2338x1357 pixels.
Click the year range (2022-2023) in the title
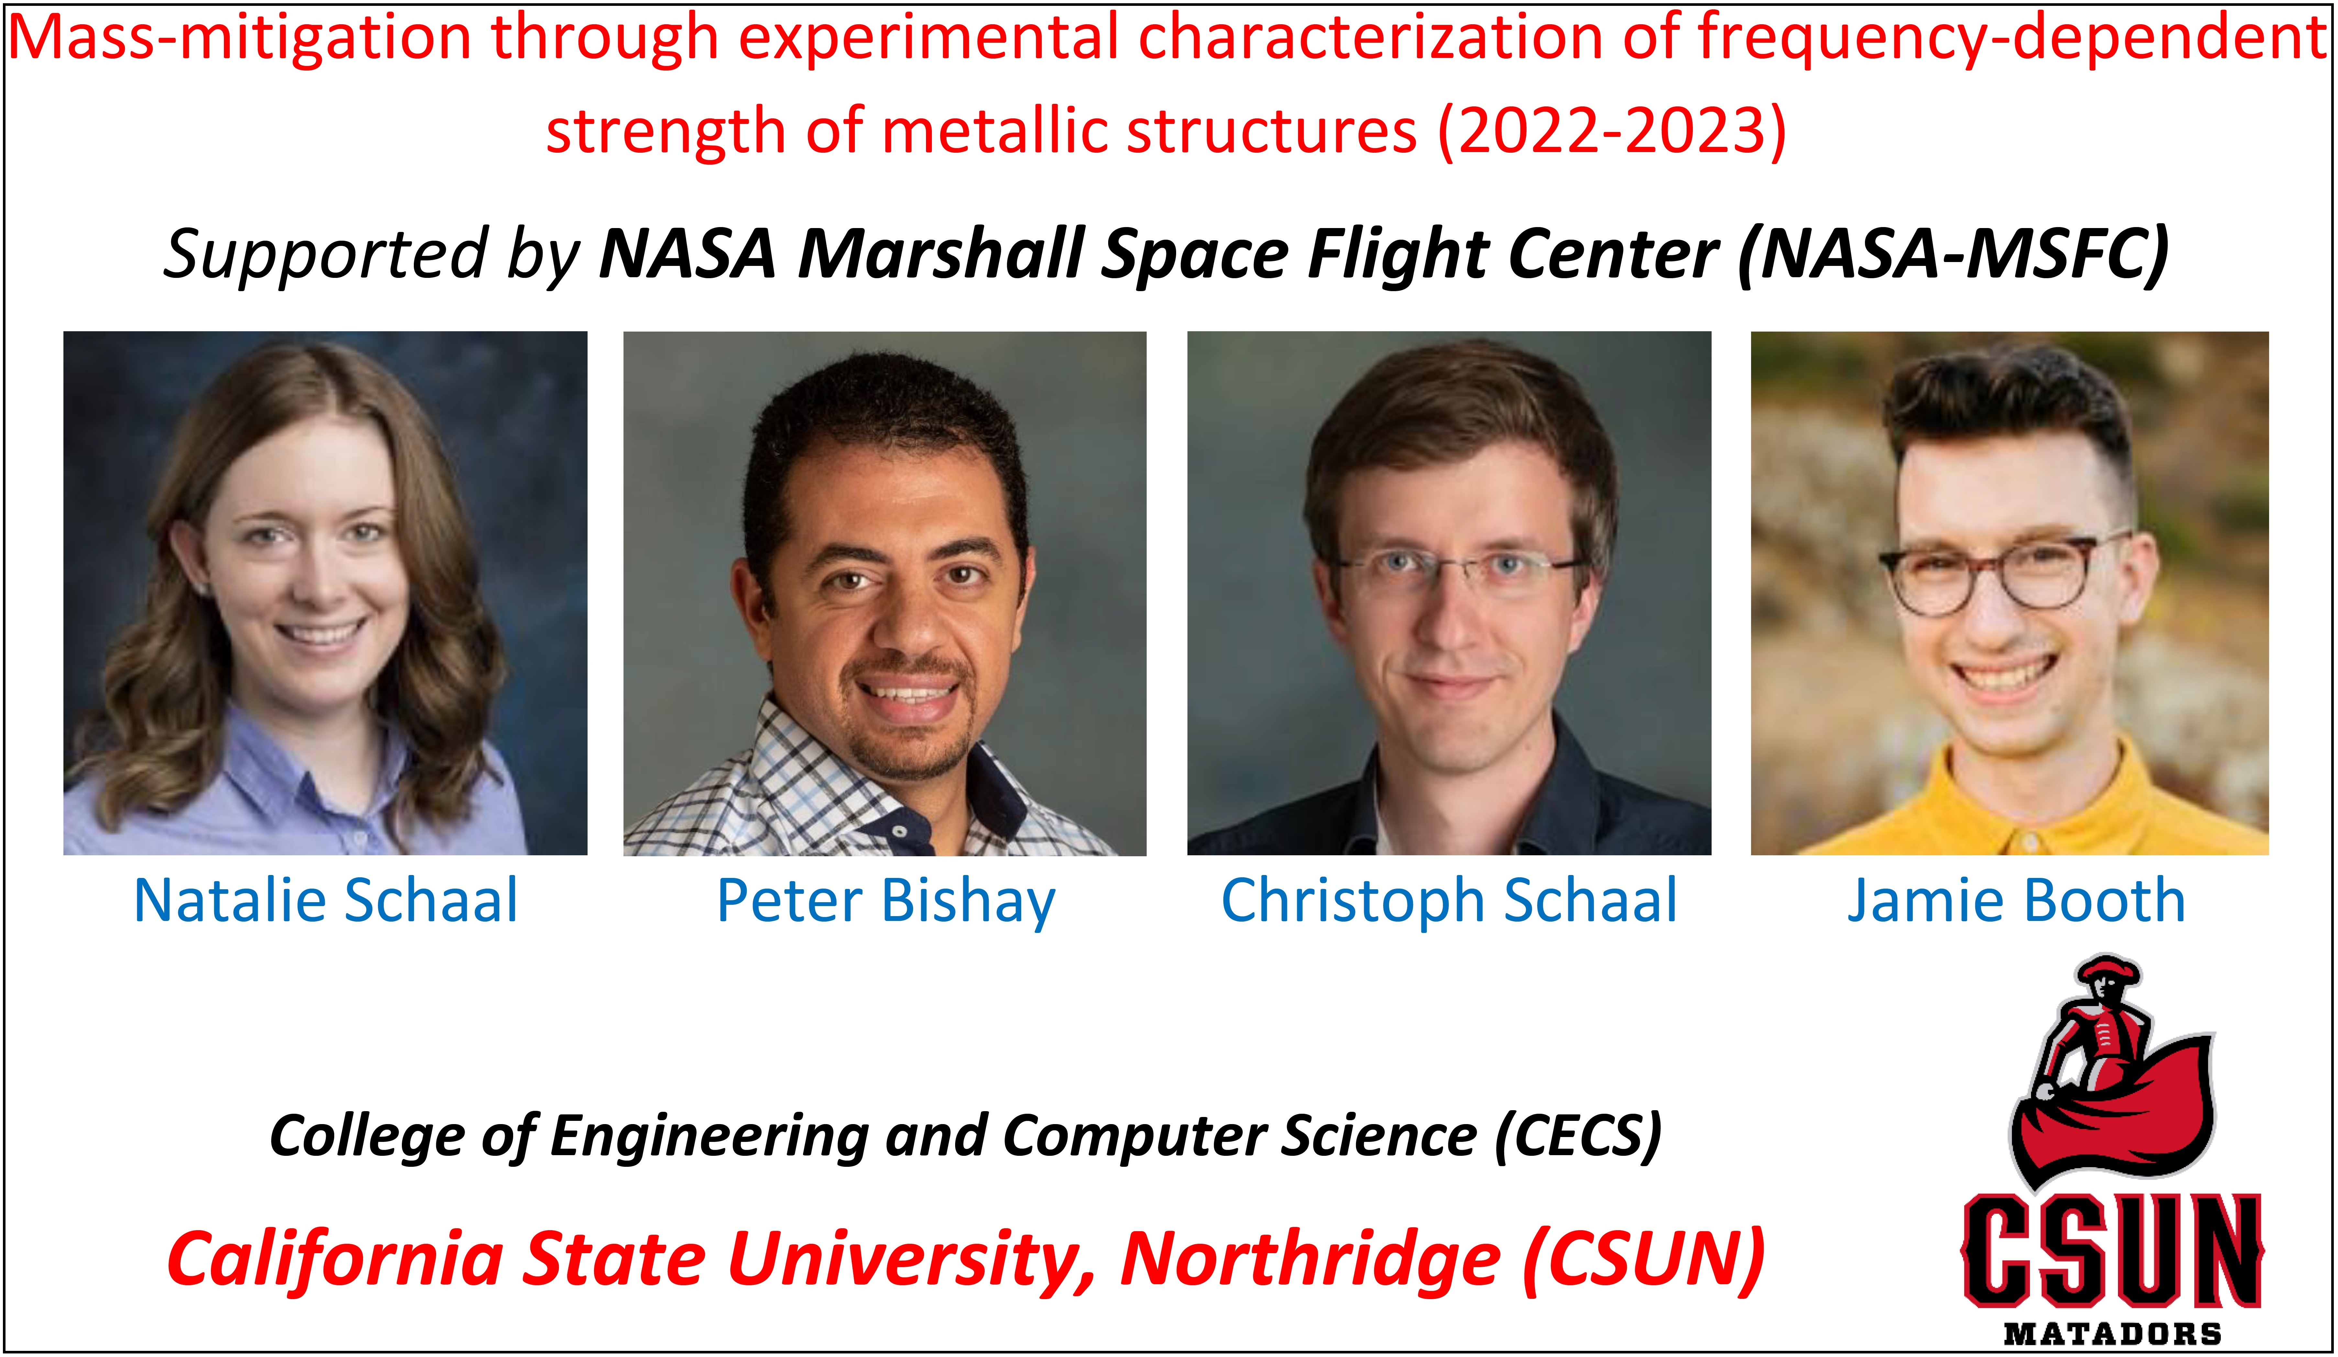click(1612, 131)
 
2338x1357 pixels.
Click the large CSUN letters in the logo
click(2112, 1250)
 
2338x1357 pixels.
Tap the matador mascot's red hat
click(2108, 971)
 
